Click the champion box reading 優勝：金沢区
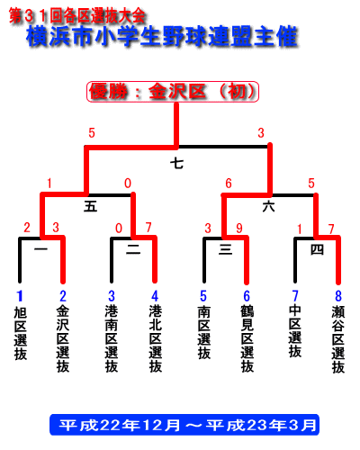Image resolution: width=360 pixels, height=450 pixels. tap(173, 92)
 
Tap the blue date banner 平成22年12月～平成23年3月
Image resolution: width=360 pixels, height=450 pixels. tap(184, 425)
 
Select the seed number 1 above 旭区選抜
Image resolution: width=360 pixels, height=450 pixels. tap(20, 296)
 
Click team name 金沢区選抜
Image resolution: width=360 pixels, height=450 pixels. tap(63, 339)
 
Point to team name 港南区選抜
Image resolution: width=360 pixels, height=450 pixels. tap(112, 339)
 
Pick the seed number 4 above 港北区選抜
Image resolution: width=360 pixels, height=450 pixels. tap(155, 296)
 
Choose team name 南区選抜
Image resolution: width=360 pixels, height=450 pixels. tap(203, 332)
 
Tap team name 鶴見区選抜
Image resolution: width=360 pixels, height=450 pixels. tap(247, 339)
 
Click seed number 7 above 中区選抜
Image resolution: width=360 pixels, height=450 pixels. tap(295, 296)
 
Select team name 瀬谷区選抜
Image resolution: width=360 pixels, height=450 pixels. tap(338, 339)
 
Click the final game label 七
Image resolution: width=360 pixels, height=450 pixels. tap(177, 164)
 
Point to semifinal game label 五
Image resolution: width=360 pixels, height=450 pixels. tap(90, 207)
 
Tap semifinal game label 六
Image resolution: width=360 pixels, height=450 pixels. tap(268, 207)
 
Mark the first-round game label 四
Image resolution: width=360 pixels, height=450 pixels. tap(317, 249)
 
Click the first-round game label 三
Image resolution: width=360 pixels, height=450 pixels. tap(225, 249)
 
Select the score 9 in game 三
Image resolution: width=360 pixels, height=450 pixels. tap(239, 229)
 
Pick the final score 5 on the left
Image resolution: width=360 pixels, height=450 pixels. tap(92, 133)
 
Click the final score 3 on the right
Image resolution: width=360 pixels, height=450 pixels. tap(261, 133)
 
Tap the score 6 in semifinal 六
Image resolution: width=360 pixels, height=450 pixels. tap(229, 184)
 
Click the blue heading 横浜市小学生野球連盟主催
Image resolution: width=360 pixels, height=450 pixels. tap(162, 37)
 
